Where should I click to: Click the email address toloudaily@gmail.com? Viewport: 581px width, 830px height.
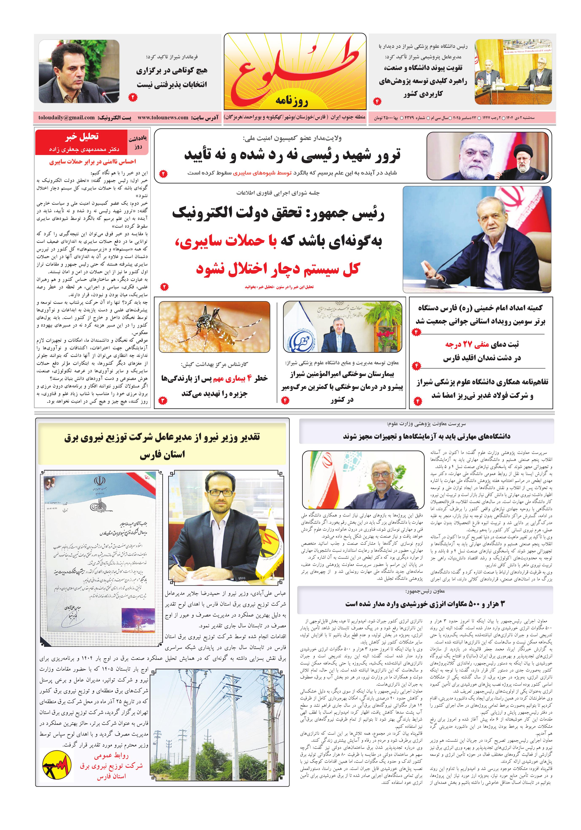pos(67,117)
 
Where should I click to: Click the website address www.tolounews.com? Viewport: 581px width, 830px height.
pos(163,117)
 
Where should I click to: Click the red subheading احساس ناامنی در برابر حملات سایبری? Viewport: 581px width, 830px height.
pos(93,162)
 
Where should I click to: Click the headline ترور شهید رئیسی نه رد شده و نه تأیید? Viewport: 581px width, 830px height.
pos(292,155)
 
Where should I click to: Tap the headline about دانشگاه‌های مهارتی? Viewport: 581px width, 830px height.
pos(427,436)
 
